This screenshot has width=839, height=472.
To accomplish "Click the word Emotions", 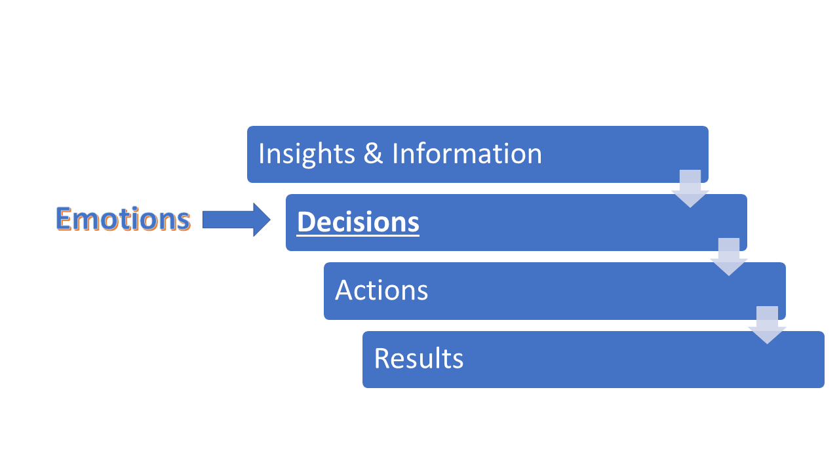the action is click(x=123, y=219).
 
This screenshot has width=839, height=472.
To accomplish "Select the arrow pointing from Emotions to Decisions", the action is click(x=237, y=220).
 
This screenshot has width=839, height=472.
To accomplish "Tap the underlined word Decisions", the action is click(x=358, y=222).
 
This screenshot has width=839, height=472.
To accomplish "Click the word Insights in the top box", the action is click(x=307, y=153).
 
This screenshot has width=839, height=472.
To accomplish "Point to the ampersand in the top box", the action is click(x=373, y=153).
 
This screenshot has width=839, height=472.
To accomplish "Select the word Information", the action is click(x=467, y=153).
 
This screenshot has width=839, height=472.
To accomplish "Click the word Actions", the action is click(x=381, y=290).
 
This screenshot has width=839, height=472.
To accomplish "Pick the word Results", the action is click(x=419, y=359).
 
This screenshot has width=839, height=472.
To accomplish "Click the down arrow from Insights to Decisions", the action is click(x=690, y=188).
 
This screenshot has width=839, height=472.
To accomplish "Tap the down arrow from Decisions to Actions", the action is click(x=729, y=257).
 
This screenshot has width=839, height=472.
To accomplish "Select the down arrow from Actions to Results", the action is click(x=767, y=325).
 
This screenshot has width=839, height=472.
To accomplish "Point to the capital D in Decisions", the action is click(x=306, y=222).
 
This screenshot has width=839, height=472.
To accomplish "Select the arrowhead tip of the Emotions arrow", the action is click(x=271, y=220).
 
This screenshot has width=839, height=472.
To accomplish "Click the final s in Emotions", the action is click(x=184, y=222).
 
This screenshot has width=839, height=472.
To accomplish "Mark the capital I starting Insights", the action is click(x=261, y=153).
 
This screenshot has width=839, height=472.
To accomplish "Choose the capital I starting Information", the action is click(x=395, y=153).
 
